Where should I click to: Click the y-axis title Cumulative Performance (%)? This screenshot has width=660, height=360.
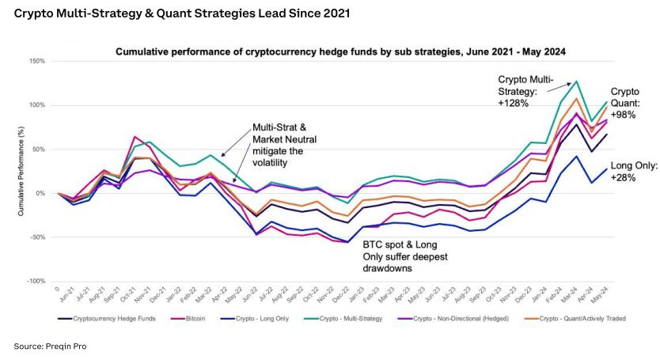coord(23,171)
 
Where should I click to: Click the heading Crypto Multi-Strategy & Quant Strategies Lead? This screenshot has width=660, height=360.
coord(173,14)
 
